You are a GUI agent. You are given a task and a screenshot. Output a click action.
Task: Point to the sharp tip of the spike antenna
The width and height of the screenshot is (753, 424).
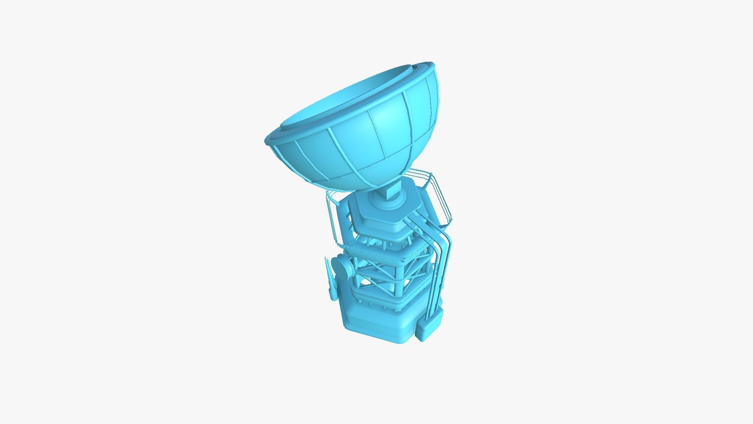(326, 258)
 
